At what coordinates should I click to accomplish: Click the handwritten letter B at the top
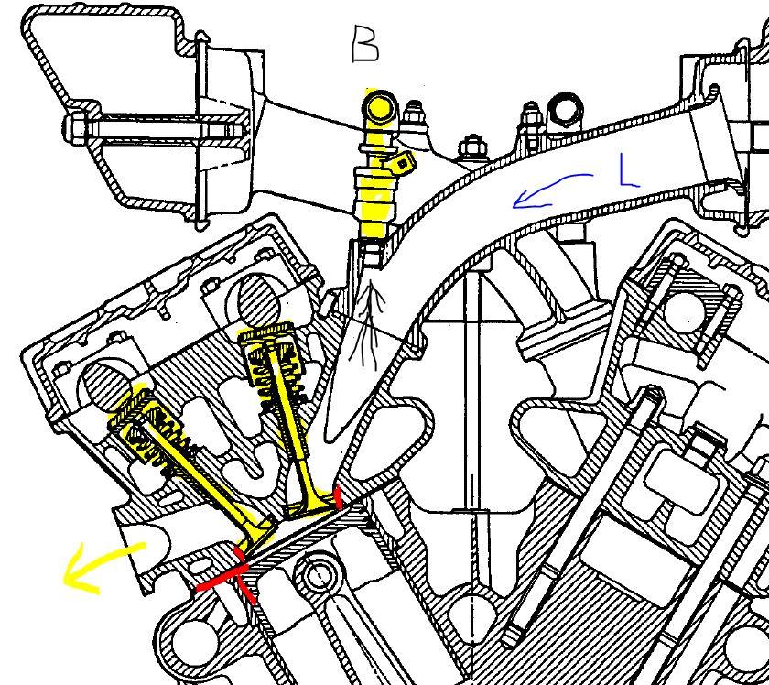coord(365,45)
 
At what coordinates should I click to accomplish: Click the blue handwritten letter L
coord(628,170)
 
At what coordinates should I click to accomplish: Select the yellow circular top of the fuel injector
coord(379,107)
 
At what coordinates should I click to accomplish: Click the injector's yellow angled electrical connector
coord(400,162)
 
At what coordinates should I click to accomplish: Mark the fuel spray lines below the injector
coord(367,325)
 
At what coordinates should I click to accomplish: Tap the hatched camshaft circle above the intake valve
coord(258,300)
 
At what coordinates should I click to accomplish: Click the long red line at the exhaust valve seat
coord(221,578)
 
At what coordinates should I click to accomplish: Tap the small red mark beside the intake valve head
coord(338,496)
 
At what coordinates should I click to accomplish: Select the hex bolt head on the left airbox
coord(75,129)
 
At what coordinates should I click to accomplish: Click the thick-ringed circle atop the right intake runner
coord(566,111)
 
